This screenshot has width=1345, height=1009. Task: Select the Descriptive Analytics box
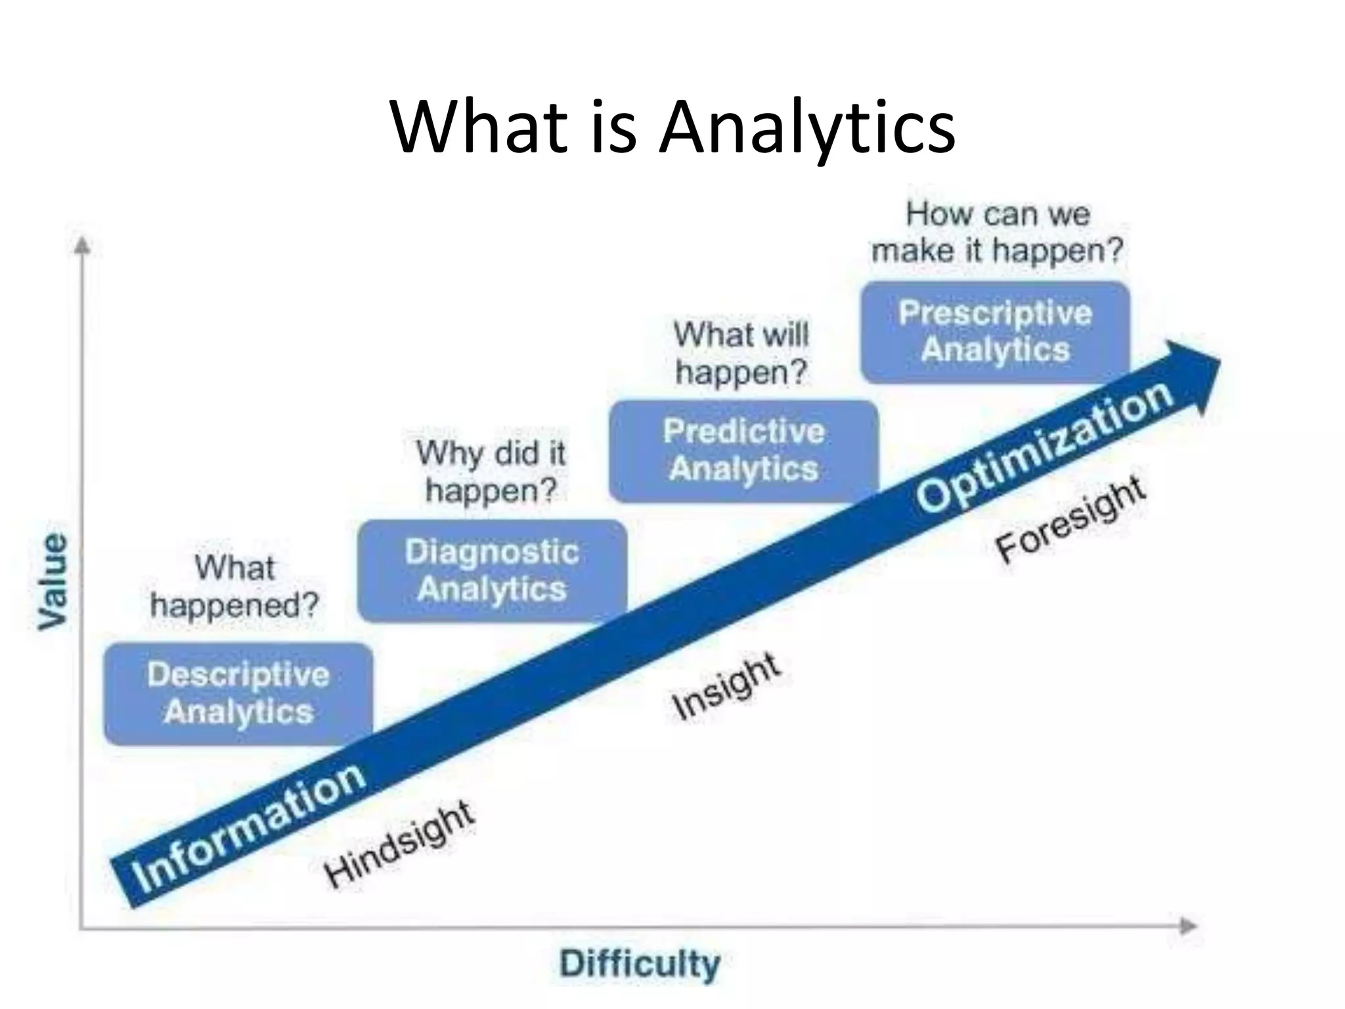click(x=238, y=694)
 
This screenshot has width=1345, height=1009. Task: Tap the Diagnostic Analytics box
click(x=492, y=570)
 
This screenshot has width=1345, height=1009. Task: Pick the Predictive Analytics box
click(x=743, y=451)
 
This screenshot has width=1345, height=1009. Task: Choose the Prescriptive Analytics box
click(x=995, y=332)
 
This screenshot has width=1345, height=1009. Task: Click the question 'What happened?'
click(x=234, y=586)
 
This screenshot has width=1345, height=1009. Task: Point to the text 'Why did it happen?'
click(x=491, y=472)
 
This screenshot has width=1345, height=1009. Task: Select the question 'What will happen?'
click(x=741, y=353)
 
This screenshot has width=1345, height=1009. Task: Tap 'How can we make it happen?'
click(x=997, y=233)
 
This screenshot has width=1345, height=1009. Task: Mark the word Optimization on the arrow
click(x=1044, y=447)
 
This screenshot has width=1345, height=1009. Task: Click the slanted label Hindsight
click(x=399, y=843)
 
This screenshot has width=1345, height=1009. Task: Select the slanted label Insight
click(x=726, y=686)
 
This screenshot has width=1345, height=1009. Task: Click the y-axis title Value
click(x=53, y=581)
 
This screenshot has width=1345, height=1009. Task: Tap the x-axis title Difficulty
click(x=640, y=964)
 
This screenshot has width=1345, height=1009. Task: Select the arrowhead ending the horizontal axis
click(x=1189, y=926)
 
